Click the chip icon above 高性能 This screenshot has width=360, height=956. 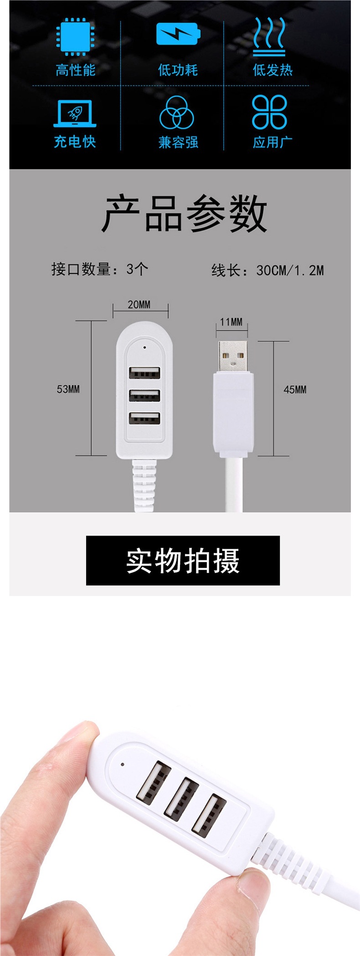coord(75,36)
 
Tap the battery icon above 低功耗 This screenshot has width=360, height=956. coord(178,34)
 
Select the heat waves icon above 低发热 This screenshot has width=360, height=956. coord(270,36)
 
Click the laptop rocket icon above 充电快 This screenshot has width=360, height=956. coord(75,113)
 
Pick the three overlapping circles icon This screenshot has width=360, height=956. coord(177,113)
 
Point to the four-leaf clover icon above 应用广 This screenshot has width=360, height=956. coord(270,112)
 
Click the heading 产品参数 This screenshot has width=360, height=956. coord(184,213)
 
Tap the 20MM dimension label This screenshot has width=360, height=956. coord(139,305)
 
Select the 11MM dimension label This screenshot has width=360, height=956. coord(231,322)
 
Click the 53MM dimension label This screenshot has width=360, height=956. coord(68,389)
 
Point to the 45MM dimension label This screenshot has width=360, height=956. coord(295,390)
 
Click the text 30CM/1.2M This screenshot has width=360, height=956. coord(290,270)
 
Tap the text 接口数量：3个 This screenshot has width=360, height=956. coord(100,269)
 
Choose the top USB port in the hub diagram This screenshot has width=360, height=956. coord(144,373)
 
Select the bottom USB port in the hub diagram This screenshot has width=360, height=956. coord(144,418)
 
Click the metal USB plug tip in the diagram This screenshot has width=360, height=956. coord(232,355)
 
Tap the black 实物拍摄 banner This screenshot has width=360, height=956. coord(183,560)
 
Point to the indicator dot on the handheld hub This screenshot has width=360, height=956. coord(123,764)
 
